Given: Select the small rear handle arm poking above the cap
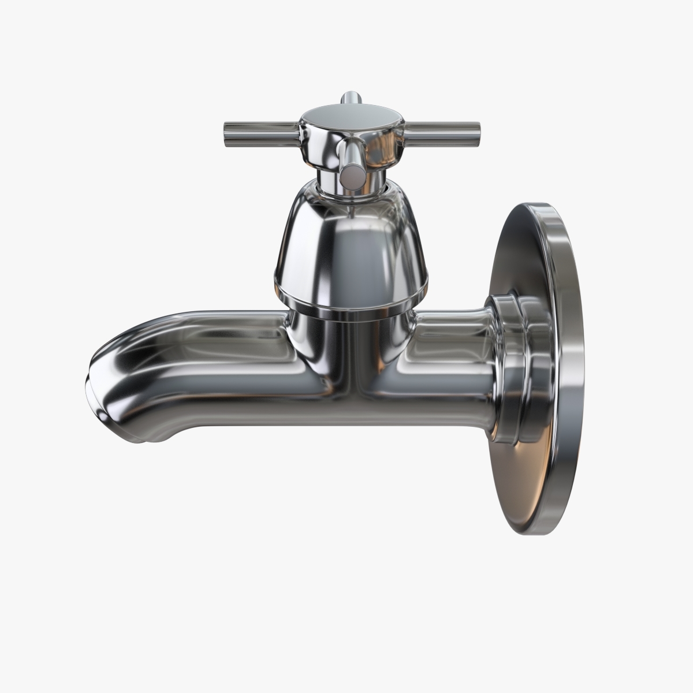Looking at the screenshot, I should pyautogui.click(x=349, y=98).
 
